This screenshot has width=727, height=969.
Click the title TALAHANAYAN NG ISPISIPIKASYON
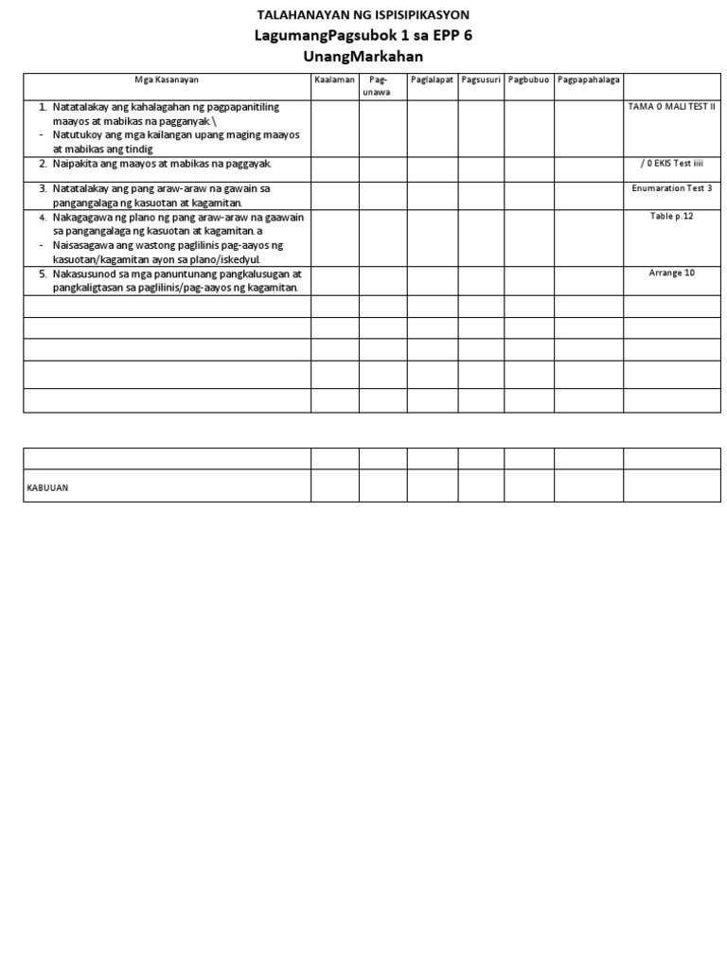tap(363, 15)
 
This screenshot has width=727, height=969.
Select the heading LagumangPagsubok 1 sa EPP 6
tap(363, 36)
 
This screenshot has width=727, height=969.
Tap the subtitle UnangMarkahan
tap(363, 57)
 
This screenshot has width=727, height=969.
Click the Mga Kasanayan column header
tap(167, 80)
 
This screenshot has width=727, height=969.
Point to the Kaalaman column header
tap(334, 80)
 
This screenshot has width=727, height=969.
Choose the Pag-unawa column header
tap(383, 85)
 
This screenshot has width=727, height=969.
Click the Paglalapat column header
tap(433, 80)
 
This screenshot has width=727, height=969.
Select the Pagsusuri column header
tap(481, 80)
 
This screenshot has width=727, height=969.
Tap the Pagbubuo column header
tap(529, 80)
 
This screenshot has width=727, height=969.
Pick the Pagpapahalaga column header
tap(589, 80)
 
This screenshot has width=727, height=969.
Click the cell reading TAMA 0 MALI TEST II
tap(672, 107)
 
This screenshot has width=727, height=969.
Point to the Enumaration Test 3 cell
tap(672, 188)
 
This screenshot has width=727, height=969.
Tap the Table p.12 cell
tap(672, 217)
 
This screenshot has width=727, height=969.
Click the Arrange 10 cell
tap(672, 273)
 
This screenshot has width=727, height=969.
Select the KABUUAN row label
tap(47, 487)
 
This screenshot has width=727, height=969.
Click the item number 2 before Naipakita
tap(43, 165)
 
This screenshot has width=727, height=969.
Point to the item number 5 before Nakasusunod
tap(43, 273)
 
